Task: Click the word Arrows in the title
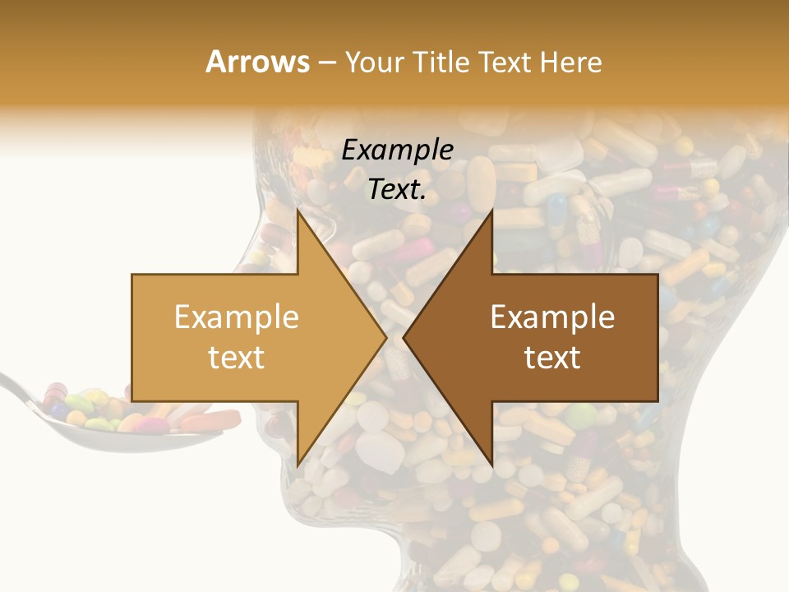click(x=257, y=62)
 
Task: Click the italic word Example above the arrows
click(x=397, y=150)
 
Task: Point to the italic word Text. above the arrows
click(x=397, y=189)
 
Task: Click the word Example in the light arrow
click(x=237, y=317)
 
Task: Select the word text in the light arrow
click(x=237, y=357)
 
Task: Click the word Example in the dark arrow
click(x=552, y=317)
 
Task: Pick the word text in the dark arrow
click(x=552, y=357)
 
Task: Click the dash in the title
click(x=326, y=62)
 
